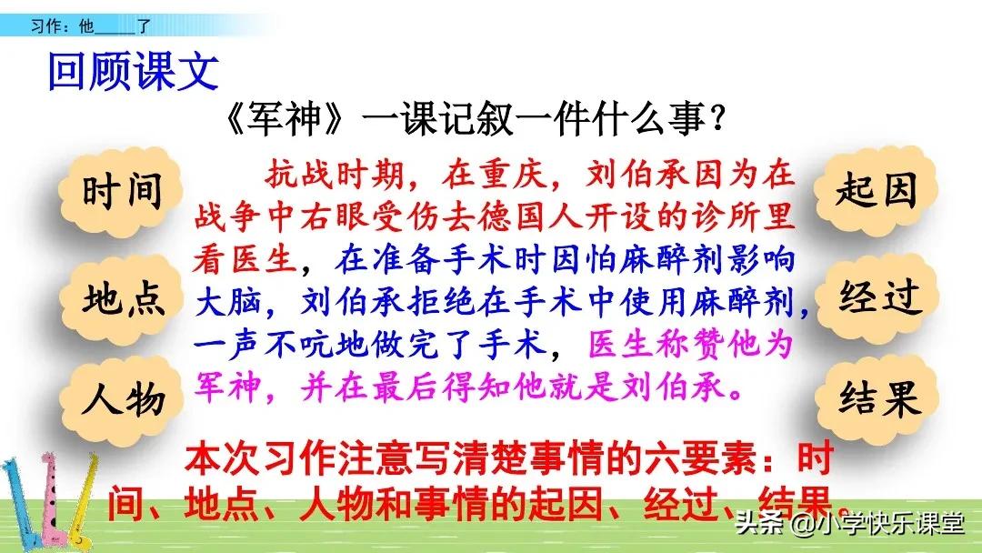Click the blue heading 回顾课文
(133, 72)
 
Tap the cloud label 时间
(122, 192)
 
